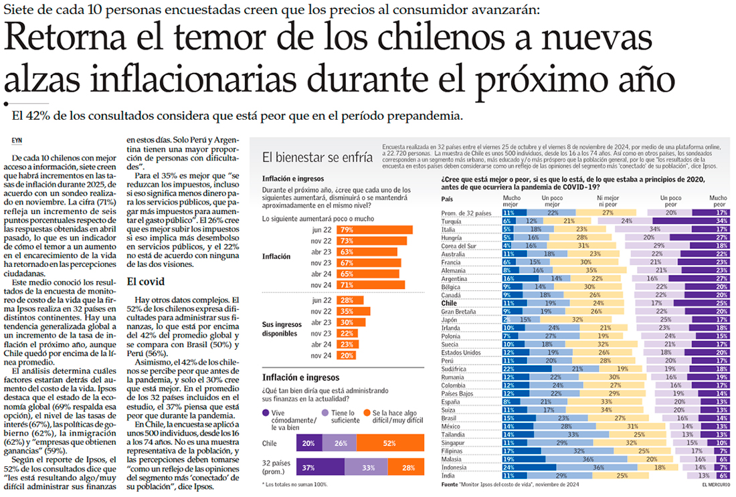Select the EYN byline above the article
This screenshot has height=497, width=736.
coord(18,140)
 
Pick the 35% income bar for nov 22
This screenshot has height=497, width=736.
coord(347,311)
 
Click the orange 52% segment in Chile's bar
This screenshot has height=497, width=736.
coord(390,443)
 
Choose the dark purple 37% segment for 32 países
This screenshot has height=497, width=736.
coord(308,468)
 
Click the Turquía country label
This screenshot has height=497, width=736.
coord(454,221)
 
